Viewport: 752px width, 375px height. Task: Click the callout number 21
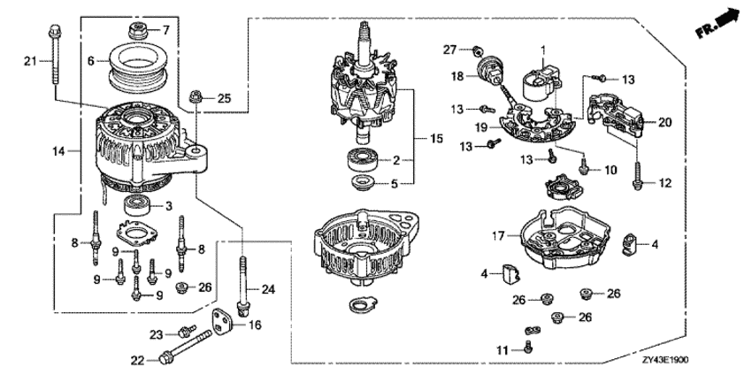click(30, 61)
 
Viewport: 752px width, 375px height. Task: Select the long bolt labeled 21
click(53, 55)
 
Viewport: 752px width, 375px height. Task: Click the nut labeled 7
click(140, 31)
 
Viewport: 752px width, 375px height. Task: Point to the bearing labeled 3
click(138, 206)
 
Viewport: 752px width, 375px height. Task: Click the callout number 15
click(436, 139)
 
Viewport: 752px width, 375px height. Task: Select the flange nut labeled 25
click(196, 96)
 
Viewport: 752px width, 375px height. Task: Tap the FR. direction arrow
click(717, 24)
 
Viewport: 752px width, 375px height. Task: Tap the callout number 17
click(500, 235)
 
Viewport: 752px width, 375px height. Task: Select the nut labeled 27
click(477, 50)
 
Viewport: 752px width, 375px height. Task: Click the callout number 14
click(58, 151)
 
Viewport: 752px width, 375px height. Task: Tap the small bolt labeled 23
click(187, 331)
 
